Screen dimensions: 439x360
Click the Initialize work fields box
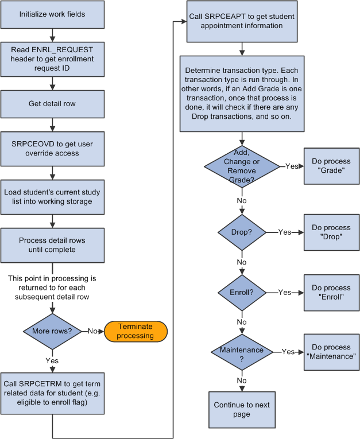[x=52, y=14]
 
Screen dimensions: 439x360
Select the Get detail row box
[x=52, y=104]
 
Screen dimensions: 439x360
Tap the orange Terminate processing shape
[x=136, y=331]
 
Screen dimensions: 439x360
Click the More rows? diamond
[x=52, y=332]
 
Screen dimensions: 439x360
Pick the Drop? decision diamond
[x=242, y=232]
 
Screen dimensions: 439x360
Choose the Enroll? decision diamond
[x=242, y=292]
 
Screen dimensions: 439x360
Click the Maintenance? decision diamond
[x=242, y=351]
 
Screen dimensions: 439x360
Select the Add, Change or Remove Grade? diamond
[x=242, y=166]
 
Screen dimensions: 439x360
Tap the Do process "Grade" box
[x=331, y=166]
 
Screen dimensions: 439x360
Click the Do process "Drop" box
[x=331, y=232]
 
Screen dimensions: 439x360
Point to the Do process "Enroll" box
[x=331, y=292]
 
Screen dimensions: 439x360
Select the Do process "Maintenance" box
[x=331, y=351]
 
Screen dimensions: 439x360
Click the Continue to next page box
[x=242, y=409]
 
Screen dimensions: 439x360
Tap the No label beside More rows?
[x=92, y=332]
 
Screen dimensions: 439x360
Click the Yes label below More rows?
[x=52, y=362]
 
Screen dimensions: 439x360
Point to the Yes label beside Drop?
[x=285, y=232]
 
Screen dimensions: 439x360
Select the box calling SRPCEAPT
[x=242, y=22]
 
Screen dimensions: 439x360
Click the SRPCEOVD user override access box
[x=52, y=149]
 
